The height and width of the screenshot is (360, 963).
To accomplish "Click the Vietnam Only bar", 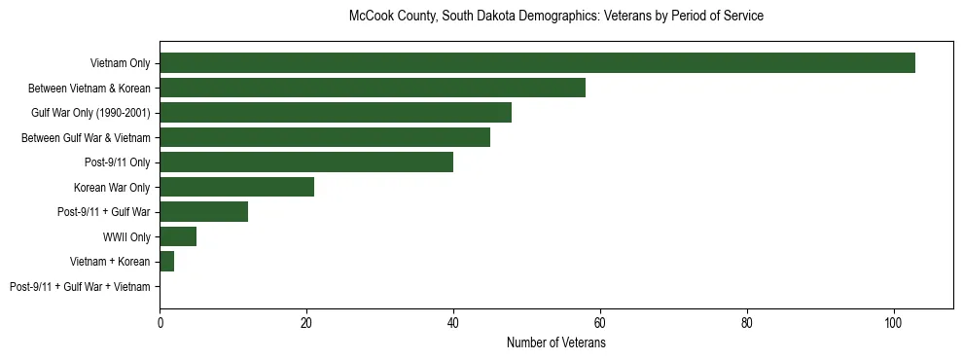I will tap(537, 63).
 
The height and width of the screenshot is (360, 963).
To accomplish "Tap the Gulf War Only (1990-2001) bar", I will tap(336, 113).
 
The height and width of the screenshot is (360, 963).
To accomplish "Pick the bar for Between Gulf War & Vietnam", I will tap(325, 137).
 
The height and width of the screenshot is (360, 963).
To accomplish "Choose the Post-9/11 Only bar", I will tap(306, 162).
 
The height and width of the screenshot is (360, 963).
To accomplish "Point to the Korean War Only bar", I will tap(236, 187).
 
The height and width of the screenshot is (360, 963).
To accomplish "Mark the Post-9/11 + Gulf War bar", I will tap(203, 212).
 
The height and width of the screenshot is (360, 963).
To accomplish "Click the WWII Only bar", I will tap(178, 236).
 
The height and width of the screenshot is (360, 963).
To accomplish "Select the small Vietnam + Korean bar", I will tap(166, 262).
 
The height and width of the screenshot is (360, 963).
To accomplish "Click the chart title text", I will tap(555, 17).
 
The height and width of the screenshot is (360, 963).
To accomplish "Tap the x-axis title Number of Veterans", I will tap(555, 343).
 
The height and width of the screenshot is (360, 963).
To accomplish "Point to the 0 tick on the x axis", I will tap(160, 320).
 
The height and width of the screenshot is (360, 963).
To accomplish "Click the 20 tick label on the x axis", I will tap(306, 320).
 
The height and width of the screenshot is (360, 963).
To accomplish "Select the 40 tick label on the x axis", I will tap(453, 320).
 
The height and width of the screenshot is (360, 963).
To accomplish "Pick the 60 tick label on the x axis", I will tap(600, 320).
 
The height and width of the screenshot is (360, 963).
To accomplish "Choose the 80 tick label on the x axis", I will tap(747, 320).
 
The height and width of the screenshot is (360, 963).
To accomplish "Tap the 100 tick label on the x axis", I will tap(894, 320).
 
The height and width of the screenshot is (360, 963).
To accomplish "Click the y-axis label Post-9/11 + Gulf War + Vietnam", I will tap(80, 287).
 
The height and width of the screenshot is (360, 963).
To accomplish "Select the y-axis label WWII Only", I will tap(121, 237).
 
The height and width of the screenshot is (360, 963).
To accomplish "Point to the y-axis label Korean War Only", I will tap(112, 188).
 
